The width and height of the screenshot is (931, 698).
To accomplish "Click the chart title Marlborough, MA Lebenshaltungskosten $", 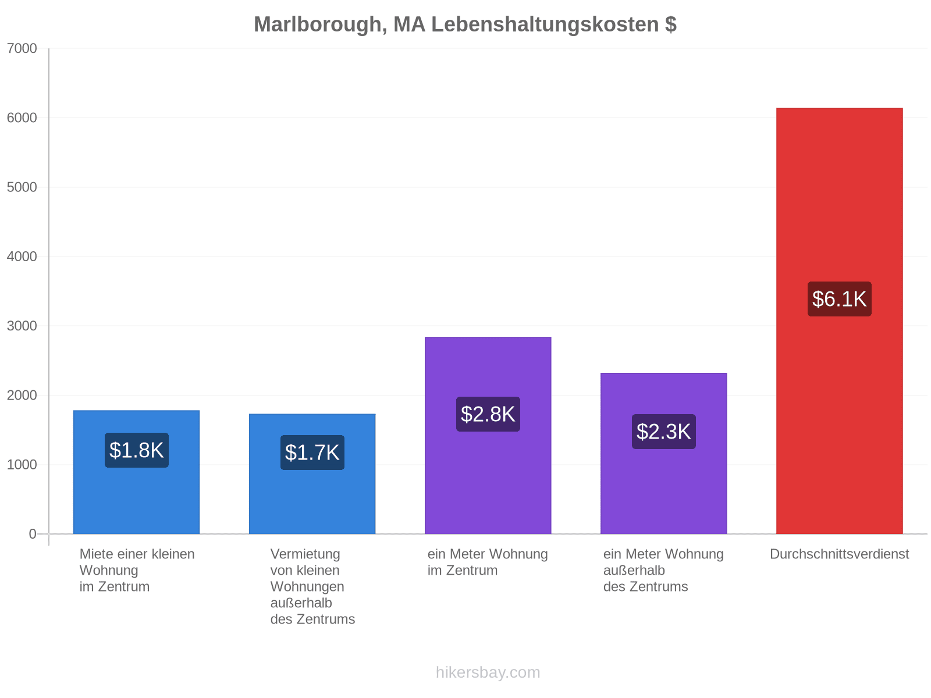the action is [x=465, y=24].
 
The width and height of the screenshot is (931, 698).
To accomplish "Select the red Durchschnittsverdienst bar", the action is [x=839, y=321].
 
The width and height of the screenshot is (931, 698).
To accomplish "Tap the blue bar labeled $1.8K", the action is [x=136, y=472].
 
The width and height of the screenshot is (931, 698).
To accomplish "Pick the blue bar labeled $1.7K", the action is [x=312, y=474].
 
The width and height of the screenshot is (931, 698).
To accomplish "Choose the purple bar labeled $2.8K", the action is [x=488, y=435].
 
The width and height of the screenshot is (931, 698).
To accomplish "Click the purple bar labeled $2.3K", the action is [x=663, y=454].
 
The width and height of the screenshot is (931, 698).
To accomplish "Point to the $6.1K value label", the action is [x=839, y=299].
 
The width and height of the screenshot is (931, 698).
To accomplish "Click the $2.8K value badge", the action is [x=488, y=414].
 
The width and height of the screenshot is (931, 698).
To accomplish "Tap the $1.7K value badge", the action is [x=312, y=452].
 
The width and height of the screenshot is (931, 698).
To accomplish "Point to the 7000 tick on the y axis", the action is [x=22, y=48].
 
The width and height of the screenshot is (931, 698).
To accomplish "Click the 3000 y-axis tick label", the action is [x=22, y=326].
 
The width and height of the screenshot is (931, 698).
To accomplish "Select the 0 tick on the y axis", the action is [x=32, y=534].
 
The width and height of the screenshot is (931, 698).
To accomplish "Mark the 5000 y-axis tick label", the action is [x=22, y=187].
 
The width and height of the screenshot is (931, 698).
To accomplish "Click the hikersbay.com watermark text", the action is [x=488, y=672].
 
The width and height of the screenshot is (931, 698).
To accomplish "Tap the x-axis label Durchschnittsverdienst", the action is [x=839, y=554].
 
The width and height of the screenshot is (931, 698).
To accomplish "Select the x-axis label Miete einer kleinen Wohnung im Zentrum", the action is [x=137, y=570].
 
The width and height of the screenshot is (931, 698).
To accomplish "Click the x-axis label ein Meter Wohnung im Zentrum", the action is [x=488, y=562].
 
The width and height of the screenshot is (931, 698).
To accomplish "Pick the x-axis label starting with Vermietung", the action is [x=312, y=586].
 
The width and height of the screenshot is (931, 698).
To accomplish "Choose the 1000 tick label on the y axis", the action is [x=22, y=465].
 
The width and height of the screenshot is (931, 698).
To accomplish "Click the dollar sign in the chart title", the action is [x=670, y=24].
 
